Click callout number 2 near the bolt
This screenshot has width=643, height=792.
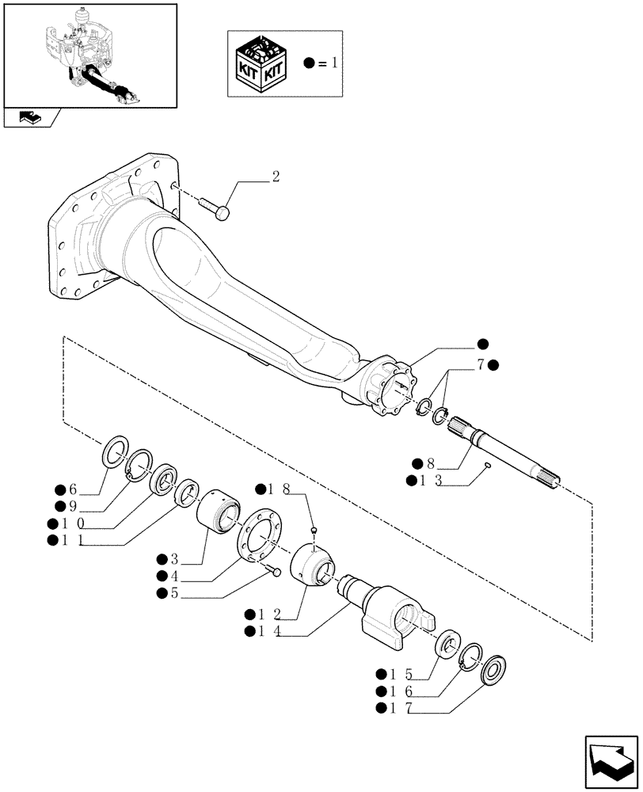point(275,177)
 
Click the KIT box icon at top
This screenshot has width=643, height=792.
point(262,62)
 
